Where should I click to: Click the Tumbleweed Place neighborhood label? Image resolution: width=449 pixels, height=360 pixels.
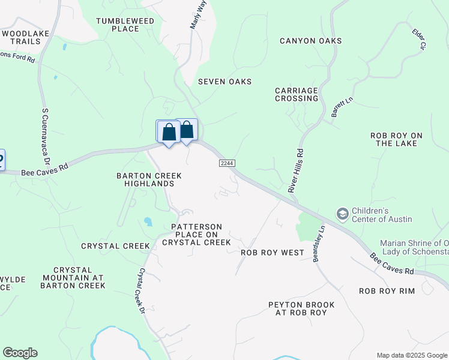(x=125, y=25)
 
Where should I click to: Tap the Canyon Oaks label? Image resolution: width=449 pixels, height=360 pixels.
(x=311, y=41)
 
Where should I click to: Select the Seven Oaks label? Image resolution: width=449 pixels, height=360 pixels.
(x=224, y=82)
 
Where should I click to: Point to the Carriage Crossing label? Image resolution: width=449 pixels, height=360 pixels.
(x=297, y=94)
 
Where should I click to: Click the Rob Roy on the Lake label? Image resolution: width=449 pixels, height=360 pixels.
(x=397, y=140)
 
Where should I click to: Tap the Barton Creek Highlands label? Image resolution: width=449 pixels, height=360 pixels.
(x=148, y=179)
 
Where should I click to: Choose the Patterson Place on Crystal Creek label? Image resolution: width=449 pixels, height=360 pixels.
(x=200, y=235)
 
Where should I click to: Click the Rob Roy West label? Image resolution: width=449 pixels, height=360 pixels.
(x=273, y=253)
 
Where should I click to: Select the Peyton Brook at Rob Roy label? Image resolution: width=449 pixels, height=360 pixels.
(x=301, y=309)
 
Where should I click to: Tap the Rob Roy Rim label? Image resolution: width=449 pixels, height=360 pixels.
(x=387, y=291)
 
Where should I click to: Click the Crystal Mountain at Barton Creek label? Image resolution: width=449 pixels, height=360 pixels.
(x=73, y=278)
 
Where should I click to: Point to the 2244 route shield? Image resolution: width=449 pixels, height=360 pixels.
(x=226, y=163)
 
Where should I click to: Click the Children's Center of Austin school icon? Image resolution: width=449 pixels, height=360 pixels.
(x=342, y=214)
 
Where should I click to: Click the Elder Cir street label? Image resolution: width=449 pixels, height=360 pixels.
(x=418, y=38)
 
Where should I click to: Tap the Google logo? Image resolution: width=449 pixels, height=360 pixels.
(x=20, y=353)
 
